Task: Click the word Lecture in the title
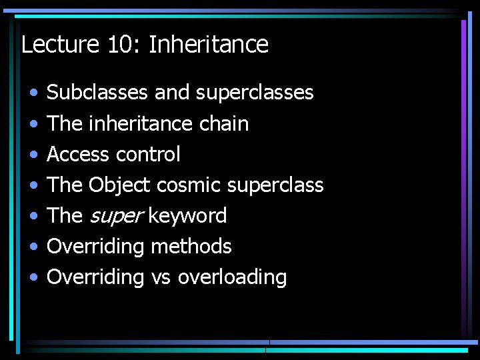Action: tap(59, 45)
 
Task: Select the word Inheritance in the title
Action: tap(209, 45)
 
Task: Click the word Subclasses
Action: tap(97, 92)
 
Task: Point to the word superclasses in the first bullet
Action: tap(255, 92)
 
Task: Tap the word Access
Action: tap(78, 154)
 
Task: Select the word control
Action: tap(148, 154)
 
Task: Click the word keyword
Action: tap(187, 215)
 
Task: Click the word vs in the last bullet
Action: tap(161, 277)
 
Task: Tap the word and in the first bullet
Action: tap(171, 92)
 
